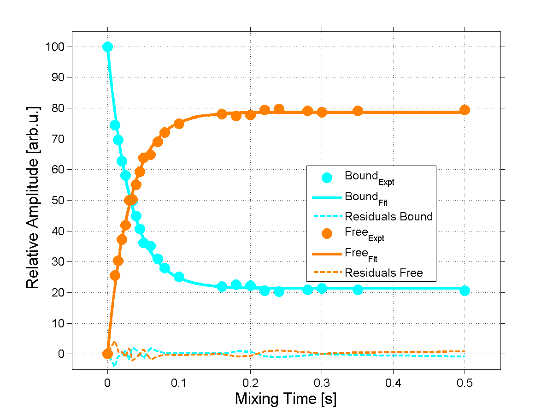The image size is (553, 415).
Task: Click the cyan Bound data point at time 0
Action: [x=107, y=47]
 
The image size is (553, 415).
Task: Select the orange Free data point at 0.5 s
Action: [x=465, y=110]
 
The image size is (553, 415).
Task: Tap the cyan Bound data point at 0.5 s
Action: [x=465, y=290]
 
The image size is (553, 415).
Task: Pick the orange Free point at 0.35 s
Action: [x=358, y=111]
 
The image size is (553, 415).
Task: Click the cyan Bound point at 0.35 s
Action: [x=358, y=290]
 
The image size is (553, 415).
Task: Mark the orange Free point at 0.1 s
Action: [x=179, y=124]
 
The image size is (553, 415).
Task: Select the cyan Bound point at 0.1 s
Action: [x=179, y=277]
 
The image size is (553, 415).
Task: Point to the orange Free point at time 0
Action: [x=107, y=354]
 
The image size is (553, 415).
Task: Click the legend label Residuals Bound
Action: [x=388, y=216]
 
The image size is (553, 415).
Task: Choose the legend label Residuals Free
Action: [x=383, y=273]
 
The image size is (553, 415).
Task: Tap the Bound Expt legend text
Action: [x=369, y=178]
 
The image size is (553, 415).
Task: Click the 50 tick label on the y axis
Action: [x=60, y=201]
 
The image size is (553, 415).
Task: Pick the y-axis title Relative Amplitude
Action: [x=33, y=197]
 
